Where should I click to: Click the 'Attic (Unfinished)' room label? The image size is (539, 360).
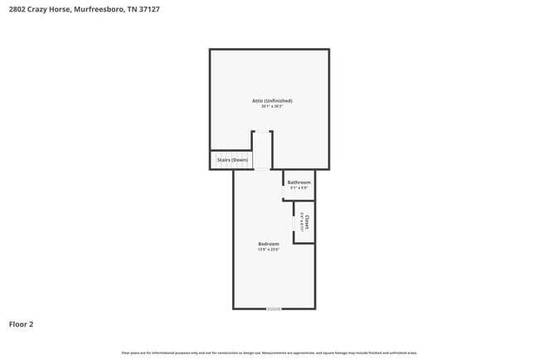(272, 100)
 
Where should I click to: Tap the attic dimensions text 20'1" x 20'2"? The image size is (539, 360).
(272, 106)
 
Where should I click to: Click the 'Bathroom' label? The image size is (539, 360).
(299, 182)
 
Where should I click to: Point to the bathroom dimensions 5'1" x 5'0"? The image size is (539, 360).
(299, 188)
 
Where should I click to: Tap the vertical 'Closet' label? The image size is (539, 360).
(308, 222)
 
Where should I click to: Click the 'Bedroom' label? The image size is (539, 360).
(269, 243)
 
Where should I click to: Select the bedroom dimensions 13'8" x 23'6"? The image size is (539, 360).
(269, 249)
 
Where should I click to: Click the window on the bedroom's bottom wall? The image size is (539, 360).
(274, 309)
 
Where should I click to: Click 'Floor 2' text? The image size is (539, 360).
(21, 324)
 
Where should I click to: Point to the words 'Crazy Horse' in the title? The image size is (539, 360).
(45, 9)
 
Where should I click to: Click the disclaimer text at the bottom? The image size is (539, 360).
(270, 353)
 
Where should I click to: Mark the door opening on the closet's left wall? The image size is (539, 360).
(294, 223)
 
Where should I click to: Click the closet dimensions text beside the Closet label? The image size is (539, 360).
(301, 222)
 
